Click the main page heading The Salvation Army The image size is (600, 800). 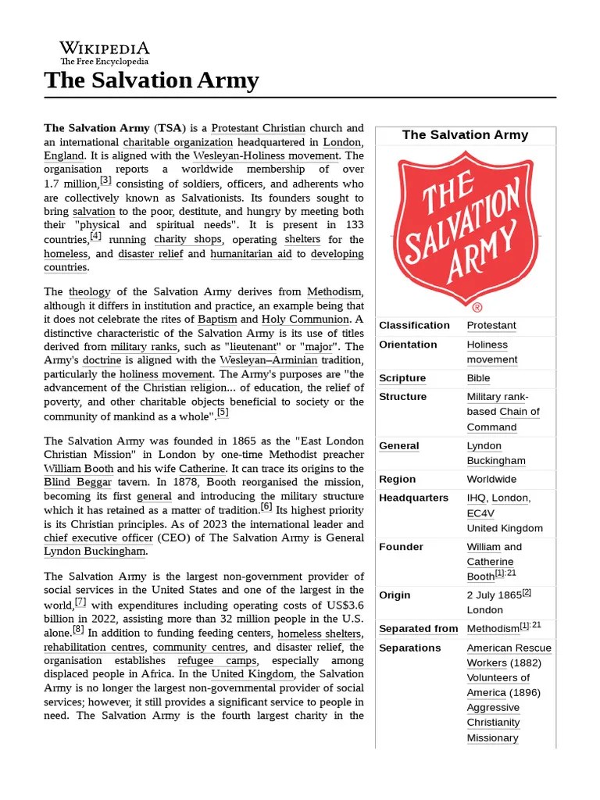coord(152,80)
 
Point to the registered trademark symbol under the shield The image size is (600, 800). coord(477,308)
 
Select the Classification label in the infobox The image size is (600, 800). coord(414,325)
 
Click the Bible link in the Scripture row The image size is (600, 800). coord(479,378)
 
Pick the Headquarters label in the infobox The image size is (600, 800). coord(413,498)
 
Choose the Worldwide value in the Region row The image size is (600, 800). coord(491,479)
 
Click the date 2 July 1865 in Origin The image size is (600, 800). coord(494,595)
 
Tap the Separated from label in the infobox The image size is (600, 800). coord(418,629)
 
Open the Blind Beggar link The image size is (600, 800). coord(77,482)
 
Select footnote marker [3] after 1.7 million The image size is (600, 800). coord(106,180)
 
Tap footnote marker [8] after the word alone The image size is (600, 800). coord(78,630)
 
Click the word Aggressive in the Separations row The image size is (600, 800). coord(493,707)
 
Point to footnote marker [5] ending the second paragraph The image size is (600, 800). coord(223,412)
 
